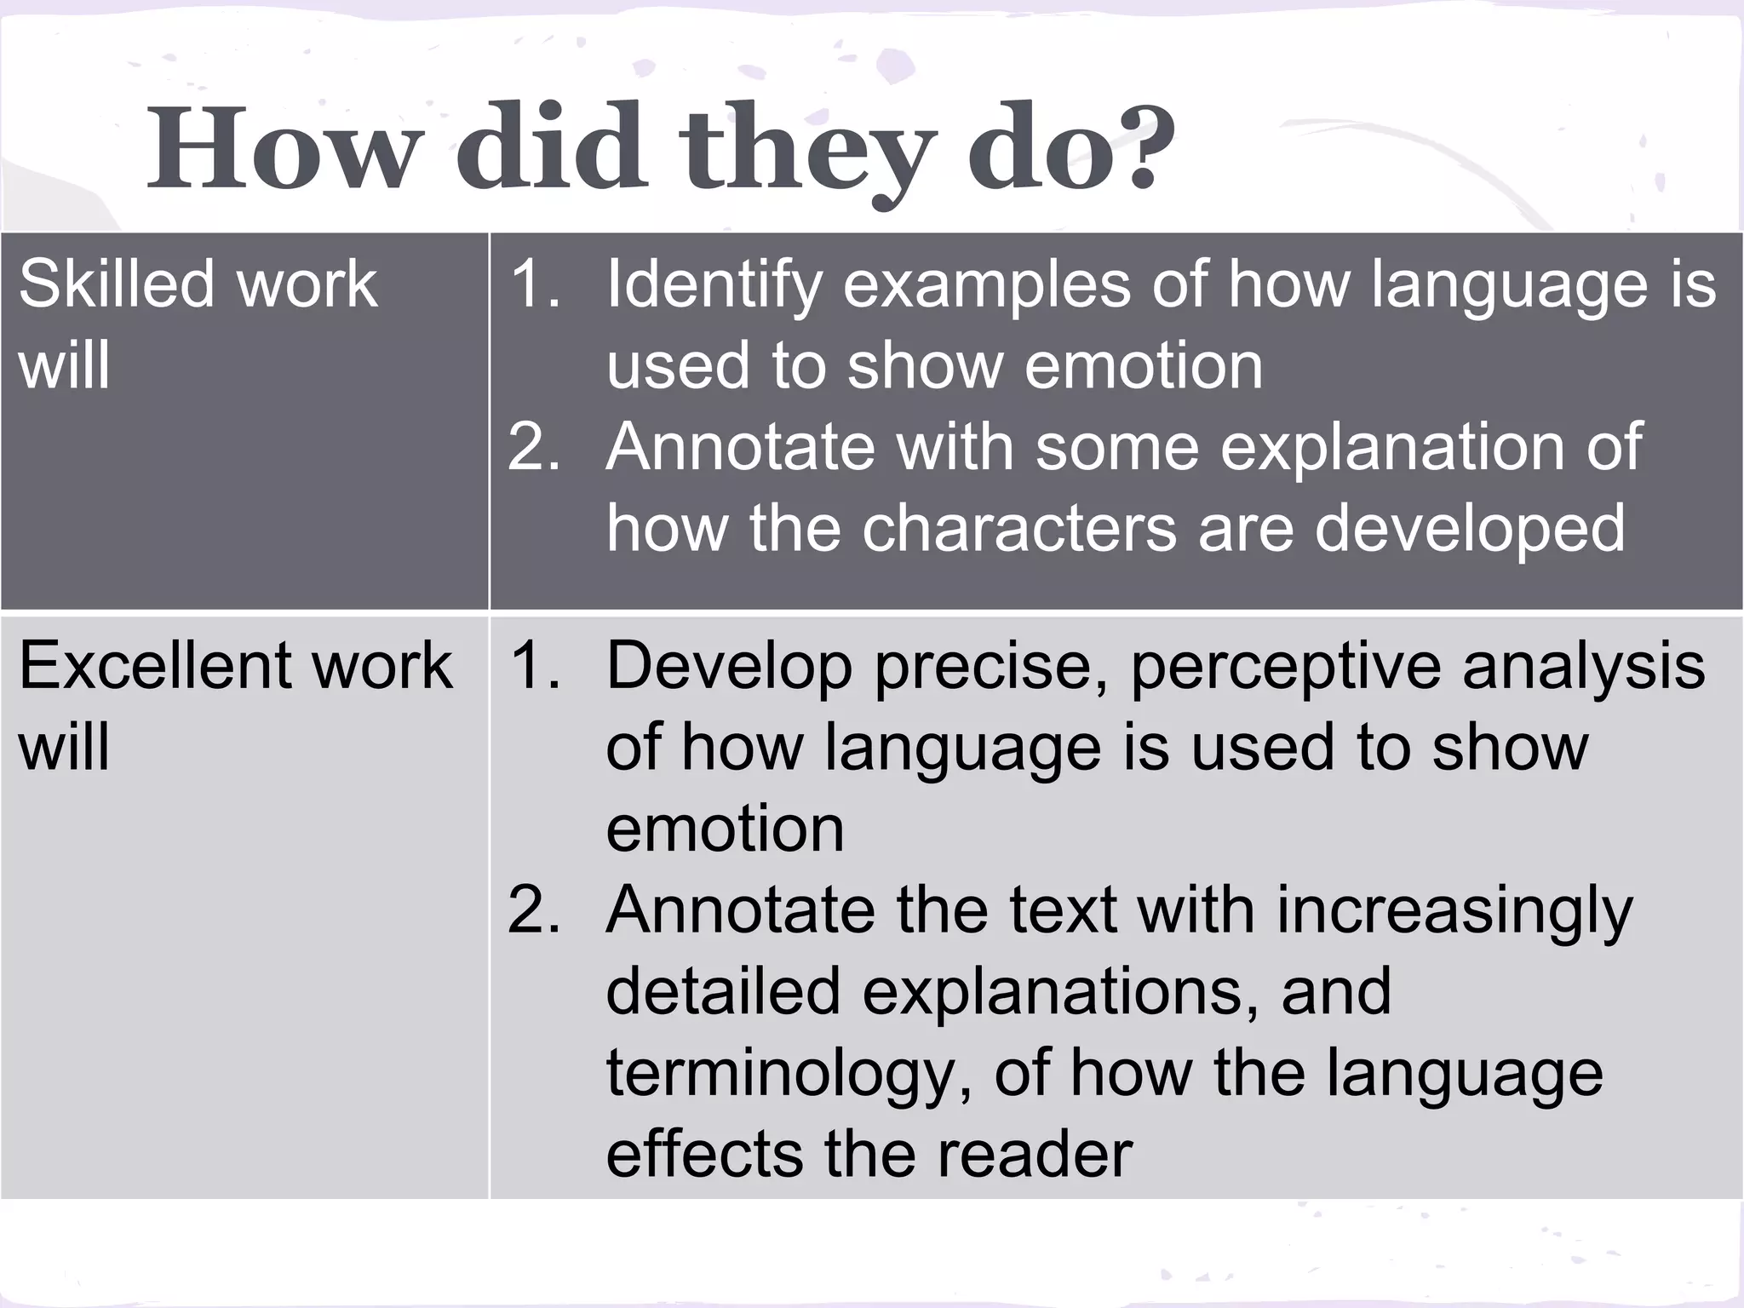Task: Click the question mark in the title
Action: click(x=1133, y=146)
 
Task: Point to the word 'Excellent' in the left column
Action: click(x=153, y=665)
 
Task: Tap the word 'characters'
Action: click(x=1019, y=529)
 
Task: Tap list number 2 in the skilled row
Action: click(x=533, y=447)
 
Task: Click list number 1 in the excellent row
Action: click(x=533, y=666)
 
